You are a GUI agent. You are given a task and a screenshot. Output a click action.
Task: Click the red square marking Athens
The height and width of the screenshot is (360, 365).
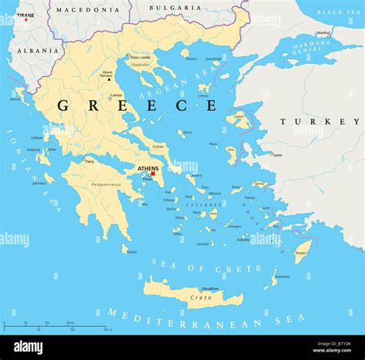(152, 173)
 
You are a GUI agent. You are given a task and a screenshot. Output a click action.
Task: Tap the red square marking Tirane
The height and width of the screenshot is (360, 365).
(25, 19)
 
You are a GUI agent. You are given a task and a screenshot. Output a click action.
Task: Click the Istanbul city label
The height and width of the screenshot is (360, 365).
(323, 33)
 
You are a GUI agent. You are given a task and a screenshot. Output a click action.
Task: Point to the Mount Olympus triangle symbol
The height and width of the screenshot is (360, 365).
(109, 79)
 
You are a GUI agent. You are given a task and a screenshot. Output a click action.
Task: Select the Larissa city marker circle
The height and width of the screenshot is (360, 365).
(109, 99)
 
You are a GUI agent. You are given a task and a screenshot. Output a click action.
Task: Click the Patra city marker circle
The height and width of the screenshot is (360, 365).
(84, 160)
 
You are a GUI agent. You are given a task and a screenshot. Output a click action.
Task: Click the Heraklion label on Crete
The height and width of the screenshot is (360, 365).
(200, 288)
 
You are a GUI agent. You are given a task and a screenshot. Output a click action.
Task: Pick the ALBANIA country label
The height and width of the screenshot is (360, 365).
(37, 50)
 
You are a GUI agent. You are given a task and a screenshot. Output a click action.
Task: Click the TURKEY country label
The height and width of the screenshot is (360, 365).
(319, 122)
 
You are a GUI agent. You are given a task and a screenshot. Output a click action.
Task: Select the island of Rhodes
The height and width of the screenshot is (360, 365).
(303, 251)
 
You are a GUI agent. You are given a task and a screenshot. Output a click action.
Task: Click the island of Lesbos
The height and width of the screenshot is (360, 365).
(239, 121)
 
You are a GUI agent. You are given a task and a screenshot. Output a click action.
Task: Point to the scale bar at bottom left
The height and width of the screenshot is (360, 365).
(58, 326)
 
